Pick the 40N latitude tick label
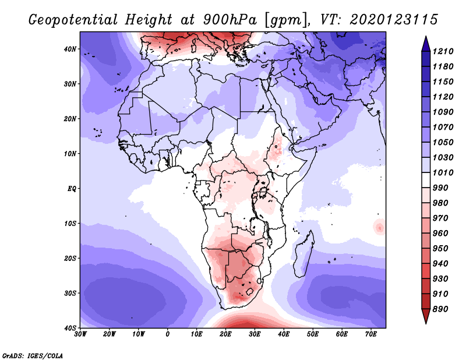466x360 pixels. (70, 49)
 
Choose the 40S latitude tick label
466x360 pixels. (70, 327)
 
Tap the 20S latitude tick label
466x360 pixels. (70, 258)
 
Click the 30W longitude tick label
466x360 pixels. (81, 335)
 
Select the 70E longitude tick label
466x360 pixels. (371, 335)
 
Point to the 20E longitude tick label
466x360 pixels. (225, 335)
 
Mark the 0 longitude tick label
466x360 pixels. (168, 335)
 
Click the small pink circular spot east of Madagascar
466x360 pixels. (379, 227)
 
